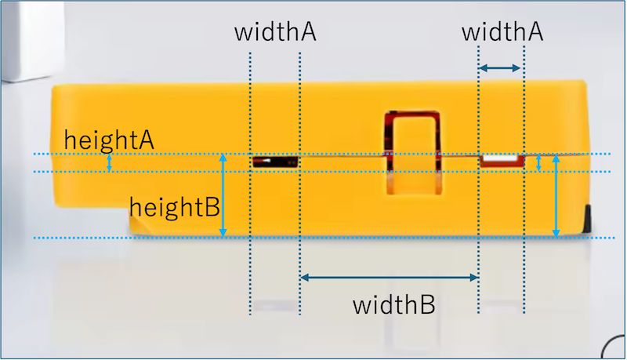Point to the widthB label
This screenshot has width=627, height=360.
click(x=393, y=304)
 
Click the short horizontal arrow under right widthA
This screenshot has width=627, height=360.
click(x=500, y=69)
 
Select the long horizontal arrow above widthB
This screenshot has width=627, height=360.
click(x=389, y=277)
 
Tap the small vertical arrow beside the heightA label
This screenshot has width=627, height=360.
click(x=110, y=162)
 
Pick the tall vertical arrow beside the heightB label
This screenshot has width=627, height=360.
click(x=223, y=195)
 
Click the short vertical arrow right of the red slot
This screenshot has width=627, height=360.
click(x=538, y=163)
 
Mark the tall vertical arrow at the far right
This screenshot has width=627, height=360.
click(x=556, y=196)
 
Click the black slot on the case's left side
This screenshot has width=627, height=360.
click(x=274, y=162)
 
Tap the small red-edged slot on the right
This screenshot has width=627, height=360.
click(x=501, y=160)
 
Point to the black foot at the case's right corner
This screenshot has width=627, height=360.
click(x=586, y=219)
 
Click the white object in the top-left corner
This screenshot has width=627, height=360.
click(x=20, y=39)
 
